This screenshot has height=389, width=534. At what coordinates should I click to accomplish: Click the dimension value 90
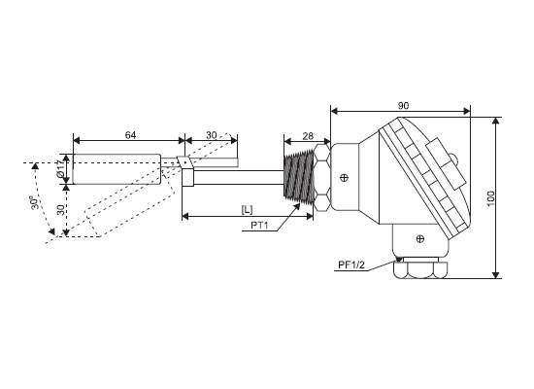pyautogui.click(x=403, y=105)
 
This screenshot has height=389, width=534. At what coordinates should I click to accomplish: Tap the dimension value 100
pyautogui.click(x=490, y=198)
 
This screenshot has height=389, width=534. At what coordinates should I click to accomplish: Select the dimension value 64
pyautogui.click(x=130, y=135)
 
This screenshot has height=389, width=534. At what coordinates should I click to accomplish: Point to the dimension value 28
pyautogui.click(x=308, y=136)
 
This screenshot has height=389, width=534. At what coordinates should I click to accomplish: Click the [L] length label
pyautogui.click(x=247, y=209)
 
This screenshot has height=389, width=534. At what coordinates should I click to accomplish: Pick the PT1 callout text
pyautogui.click(x=259, y=226)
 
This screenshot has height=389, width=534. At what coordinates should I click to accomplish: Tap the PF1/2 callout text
pyautogui.click(x=351, y=265)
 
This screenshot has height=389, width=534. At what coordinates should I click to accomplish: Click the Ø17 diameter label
pyautogui.click(x=60, y=169)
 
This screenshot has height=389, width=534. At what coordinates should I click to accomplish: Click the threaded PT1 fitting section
pyautogui.click(x=299, y=176)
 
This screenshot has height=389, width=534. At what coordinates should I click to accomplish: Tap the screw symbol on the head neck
pyautogui.click(x=345, y=177)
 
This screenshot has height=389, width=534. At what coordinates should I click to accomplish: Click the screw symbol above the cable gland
pyautogui.click(x=420, y=239)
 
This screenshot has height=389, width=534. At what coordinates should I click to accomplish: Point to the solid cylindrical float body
pyautogui.click(x=117, y=169)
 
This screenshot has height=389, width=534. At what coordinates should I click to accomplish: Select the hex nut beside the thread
pyautogui.click(x=321, y=177)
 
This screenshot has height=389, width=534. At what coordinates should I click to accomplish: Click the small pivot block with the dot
pyautogui.click(x=184, y=162)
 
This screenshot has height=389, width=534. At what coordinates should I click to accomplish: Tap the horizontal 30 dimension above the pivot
pyautogui.click(x=211, y=135)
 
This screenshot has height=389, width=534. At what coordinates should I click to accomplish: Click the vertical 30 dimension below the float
pyautogui.click(x=60, y=209)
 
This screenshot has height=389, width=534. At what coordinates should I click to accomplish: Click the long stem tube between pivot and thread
pyautogui.click(x=239, y=177)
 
